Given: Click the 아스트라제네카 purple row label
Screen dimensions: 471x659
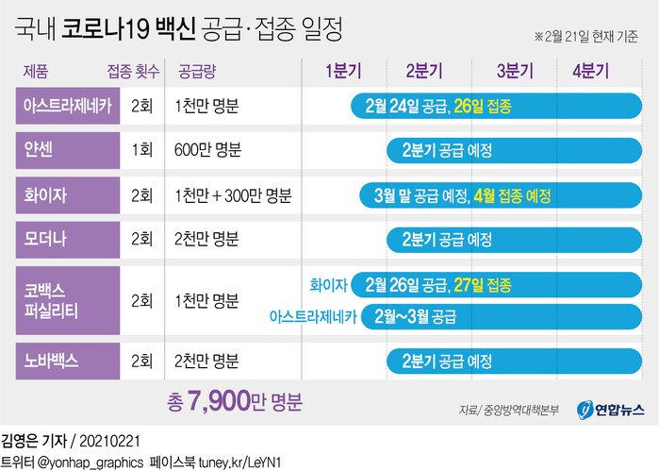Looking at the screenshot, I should (67, 106).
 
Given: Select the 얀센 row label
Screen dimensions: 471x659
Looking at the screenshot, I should (67, 150).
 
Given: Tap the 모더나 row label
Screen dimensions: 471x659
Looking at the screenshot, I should (67, 239).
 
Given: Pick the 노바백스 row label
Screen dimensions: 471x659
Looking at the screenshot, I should (67, 360).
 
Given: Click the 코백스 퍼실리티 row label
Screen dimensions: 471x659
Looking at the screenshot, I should (67, 299).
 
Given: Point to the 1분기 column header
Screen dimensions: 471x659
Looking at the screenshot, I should (342, 70).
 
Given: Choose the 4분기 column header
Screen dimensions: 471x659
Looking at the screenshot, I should (590, 70).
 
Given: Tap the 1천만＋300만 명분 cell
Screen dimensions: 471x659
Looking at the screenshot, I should (232, 195).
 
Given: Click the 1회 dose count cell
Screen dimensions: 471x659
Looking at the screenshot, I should (142, 150).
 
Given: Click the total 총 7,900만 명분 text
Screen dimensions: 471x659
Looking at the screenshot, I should (234, 403).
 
